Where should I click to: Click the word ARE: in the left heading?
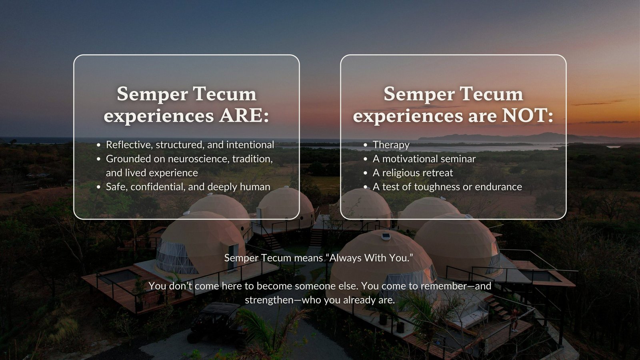(x=244, y=116)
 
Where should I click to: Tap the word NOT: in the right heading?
(x=527, y=116)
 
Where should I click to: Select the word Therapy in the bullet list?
(x=391, y=145)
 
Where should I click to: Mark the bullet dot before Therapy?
(x=365, y=145)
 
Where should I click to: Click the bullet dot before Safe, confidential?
(x=98, y=187)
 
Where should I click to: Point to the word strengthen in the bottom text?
(x=267, y=300)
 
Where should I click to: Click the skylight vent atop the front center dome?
(x=386, y=236)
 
